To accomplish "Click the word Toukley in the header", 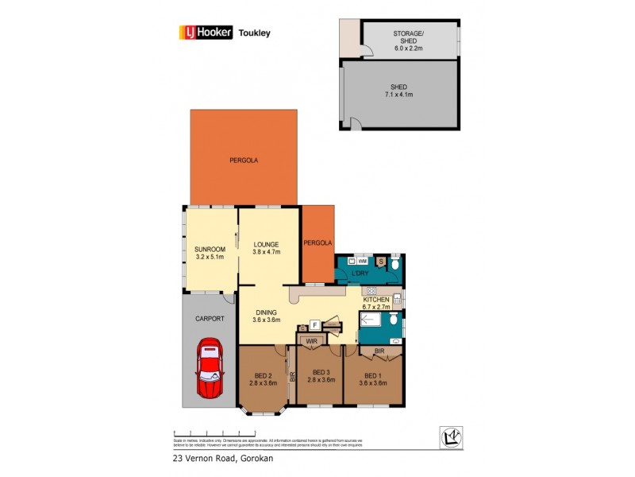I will pos(255,33).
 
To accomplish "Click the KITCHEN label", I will pos(376,299).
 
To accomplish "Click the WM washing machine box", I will pos(362,261).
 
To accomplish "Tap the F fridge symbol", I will pos(314,324).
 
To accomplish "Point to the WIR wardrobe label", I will pos(311,343).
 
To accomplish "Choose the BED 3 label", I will pos(321,372).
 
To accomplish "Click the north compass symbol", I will pos(451,436).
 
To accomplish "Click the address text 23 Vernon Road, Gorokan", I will pos(220,458).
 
